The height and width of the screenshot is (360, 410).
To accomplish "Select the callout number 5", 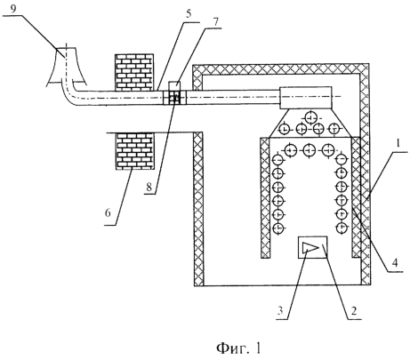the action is (189, 14).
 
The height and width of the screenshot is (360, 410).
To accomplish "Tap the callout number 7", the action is (215, 21).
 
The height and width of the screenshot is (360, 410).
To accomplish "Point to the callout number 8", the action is (149, 187).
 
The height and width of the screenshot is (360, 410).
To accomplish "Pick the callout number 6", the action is (108, 212).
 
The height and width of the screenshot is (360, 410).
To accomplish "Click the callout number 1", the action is (398, 144).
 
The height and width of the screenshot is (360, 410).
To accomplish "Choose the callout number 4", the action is (395, 262).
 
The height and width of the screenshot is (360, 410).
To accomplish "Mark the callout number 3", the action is (280, 310).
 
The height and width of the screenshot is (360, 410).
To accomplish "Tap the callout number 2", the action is (354, 310).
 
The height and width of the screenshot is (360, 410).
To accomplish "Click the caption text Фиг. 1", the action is (239, 348).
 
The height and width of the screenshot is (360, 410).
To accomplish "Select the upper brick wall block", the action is (134, 72).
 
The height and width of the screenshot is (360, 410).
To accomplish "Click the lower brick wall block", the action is (134, 151).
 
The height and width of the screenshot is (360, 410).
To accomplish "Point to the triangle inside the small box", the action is (310, 247).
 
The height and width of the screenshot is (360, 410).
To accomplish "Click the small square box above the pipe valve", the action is (174, 85).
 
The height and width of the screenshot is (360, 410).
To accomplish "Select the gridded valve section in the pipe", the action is (175, 98).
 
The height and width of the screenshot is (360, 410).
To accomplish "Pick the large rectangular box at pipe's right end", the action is (306, 98).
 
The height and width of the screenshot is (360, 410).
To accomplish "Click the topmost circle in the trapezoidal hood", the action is (310, 118).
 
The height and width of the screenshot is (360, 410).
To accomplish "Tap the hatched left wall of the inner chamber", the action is (265, 198).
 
